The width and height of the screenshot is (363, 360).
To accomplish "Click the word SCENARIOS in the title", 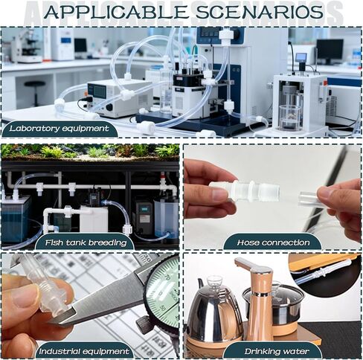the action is [x=260, y=11].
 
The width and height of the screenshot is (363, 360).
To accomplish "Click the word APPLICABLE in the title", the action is [x=116, y=11].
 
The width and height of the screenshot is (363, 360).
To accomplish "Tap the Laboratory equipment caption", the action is [x=59, y=129].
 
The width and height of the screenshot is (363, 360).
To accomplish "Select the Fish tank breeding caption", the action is [x=86, y=242].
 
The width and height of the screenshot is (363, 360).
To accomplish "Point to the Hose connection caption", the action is [x=273, y=242].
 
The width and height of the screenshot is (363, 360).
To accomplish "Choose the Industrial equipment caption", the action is [x=84, y=351].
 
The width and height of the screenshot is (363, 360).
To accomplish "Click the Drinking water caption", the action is [x=277, y=351].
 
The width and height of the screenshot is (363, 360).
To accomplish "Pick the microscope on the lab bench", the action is [x=28, y=46].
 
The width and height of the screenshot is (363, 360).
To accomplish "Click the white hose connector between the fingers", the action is [x=244, y=190].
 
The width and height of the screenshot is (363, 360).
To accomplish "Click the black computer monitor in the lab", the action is [x=330, y=50].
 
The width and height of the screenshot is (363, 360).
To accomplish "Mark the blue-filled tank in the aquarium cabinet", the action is [x=16, y=219].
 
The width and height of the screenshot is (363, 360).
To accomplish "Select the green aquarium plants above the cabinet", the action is [x=90, y=150].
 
